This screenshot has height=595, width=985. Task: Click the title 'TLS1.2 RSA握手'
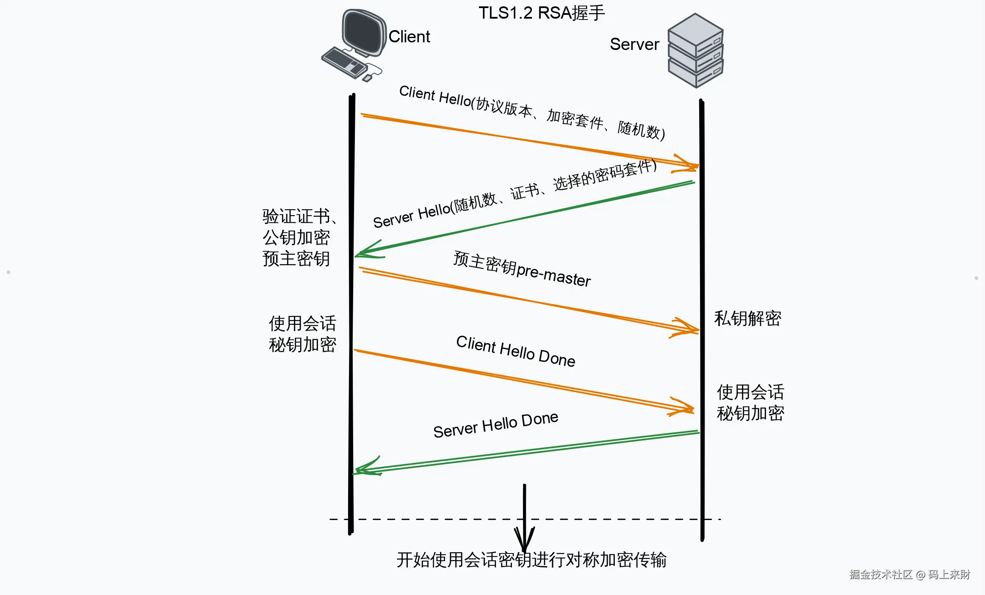pos(541,13)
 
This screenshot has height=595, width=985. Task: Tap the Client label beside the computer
pos(409,37)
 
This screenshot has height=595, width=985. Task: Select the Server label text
pos(634,44)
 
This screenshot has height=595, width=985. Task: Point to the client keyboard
pos(344,63)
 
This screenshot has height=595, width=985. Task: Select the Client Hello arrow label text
pos(531,112)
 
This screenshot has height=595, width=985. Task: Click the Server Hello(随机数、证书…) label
pos(515,193)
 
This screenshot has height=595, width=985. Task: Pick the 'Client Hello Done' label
pos(515,351)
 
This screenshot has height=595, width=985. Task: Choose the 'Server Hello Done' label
pos(495,425)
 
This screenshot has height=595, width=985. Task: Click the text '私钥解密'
pos(747,318)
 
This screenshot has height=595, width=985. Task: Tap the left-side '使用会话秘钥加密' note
pos(302,334)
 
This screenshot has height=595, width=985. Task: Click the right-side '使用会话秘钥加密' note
pos(750,403)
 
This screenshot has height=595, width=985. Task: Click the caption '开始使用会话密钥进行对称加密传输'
pos(531,560)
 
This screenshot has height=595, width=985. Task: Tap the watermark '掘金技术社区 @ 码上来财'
pos(909,575)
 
